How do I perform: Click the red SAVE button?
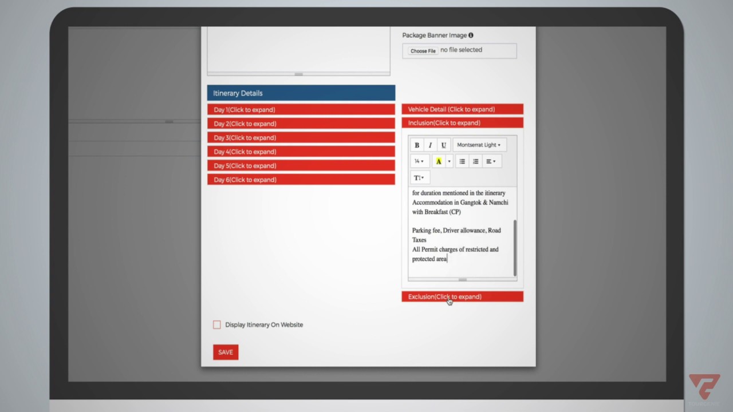point(226,352)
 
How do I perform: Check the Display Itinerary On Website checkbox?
point(217,325)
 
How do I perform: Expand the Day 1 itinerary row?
point(301,109)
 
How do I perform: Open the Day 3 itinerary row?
point(301,137)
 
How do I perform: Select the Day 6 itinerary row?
point(301,180)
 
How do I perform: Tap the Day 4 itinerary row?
point(301,152)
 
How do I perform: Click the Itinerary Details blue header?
point(301,93)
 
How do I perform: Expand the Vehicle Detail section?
point(462,109)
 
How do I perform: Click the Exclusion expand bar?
point(462,296)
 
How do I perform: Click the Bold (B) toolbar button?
point(417,145)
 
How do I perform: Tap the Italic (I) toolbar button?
point(430,145)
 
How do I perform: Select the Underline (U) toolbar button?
point(443,145)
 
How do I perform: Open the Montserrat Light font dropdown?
point(479,145)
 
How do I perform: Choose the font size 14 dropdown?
point(419,161)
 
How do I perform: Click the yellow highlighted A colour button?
point(439,161)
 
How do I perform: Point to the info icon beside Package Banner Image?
point(471,35)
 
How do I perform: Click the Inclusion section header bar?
point(462,123)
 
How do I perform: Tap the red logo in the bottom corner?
point(704,387)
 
